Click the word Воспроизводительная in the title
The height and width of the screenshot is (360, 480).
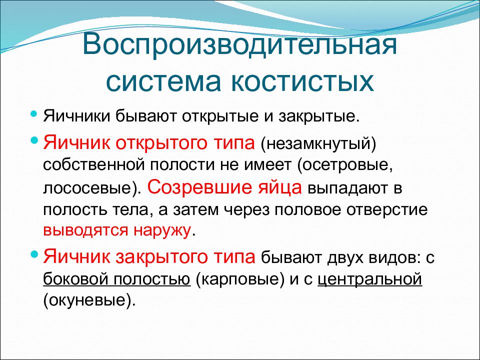pyautogui.click(x=239, y=46)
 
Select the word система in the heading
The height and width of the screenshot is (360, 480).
pyautogui.click(x=163, y=82)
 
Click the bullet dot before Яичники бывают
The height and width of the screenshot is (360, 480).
pyautogui.click(x=34, y=114)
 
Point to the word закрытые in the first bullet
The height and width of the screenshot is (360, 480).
pyautogui.click(x=318, y=117)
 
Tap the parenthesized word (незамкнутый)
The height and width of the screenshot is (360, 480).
pyautogui.click(x=318, y=144)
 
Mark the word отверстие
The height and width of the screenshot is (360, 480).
pyautogui.click(x=387, y=210)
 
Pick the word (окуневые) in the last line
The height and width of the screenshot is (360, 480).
pyautogui.click(x=89, y=301)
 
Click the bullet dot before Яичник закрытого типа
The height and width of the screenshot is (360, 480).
pyautogui.click(x=34, y=254)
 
